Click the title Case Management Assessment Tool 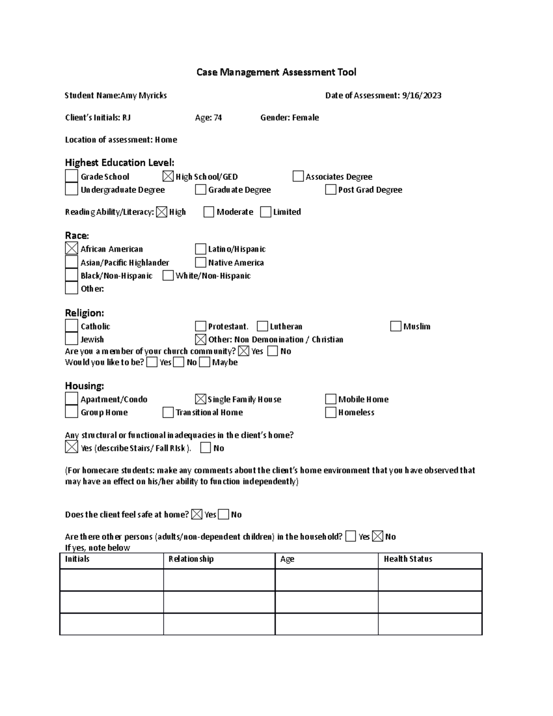click(276, 72)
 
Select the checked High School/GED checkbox click(168, 177)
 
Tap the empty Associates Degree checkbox click(298, 177)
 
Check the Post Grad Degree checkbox click(330, 189)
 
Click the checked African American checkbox click(71, 249)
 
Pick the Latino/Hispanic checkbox click(200, 249)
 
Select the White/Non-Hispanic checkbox click(168, 276)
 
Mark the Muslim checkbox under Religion click(395, 326)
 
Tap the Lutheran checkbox click(262, 326)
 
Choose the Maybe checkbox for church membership click(205, 362)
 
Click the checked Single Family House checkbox click(200, 399)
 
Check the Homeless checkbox click(330, 412)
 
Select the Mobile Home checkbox click(330, 399)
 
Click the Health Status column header click(408, 559)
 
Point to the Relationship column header click(191, 559)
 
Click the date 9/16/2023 click(422, 95)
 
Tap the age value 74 click(218, 118)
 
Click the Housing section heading click(84, 385)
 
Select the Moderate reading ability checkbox click(209, 212)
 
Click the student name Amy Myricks click(143, 95)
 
